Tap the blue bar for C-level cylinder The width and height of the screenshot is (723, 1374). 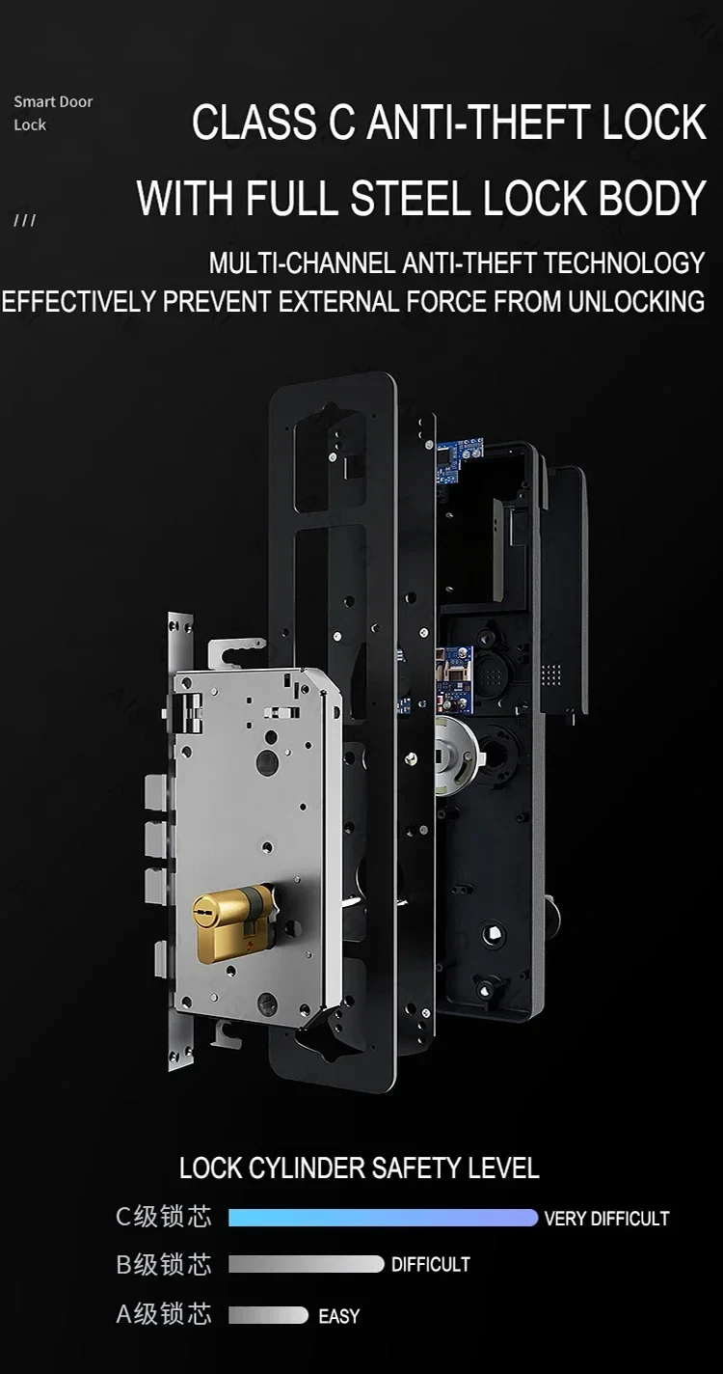point(383,1218)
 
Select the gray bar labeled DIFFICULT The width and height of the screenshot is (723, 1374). point(307,1264)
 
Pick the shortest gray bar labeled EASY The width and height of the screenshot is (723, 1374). point(268,1315)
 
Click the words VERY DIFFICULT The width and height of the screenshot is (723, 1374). point(606,1219)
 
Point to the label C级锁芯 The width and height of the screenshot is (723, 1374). point(164,1217)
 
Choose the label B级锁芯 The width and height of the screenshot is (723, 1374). point(164,1264)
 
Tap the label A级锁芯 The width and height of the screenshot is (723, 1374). point(164,1314)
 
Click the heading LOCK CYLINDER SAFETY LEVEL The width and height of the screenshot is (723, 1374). point(360,1168)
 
